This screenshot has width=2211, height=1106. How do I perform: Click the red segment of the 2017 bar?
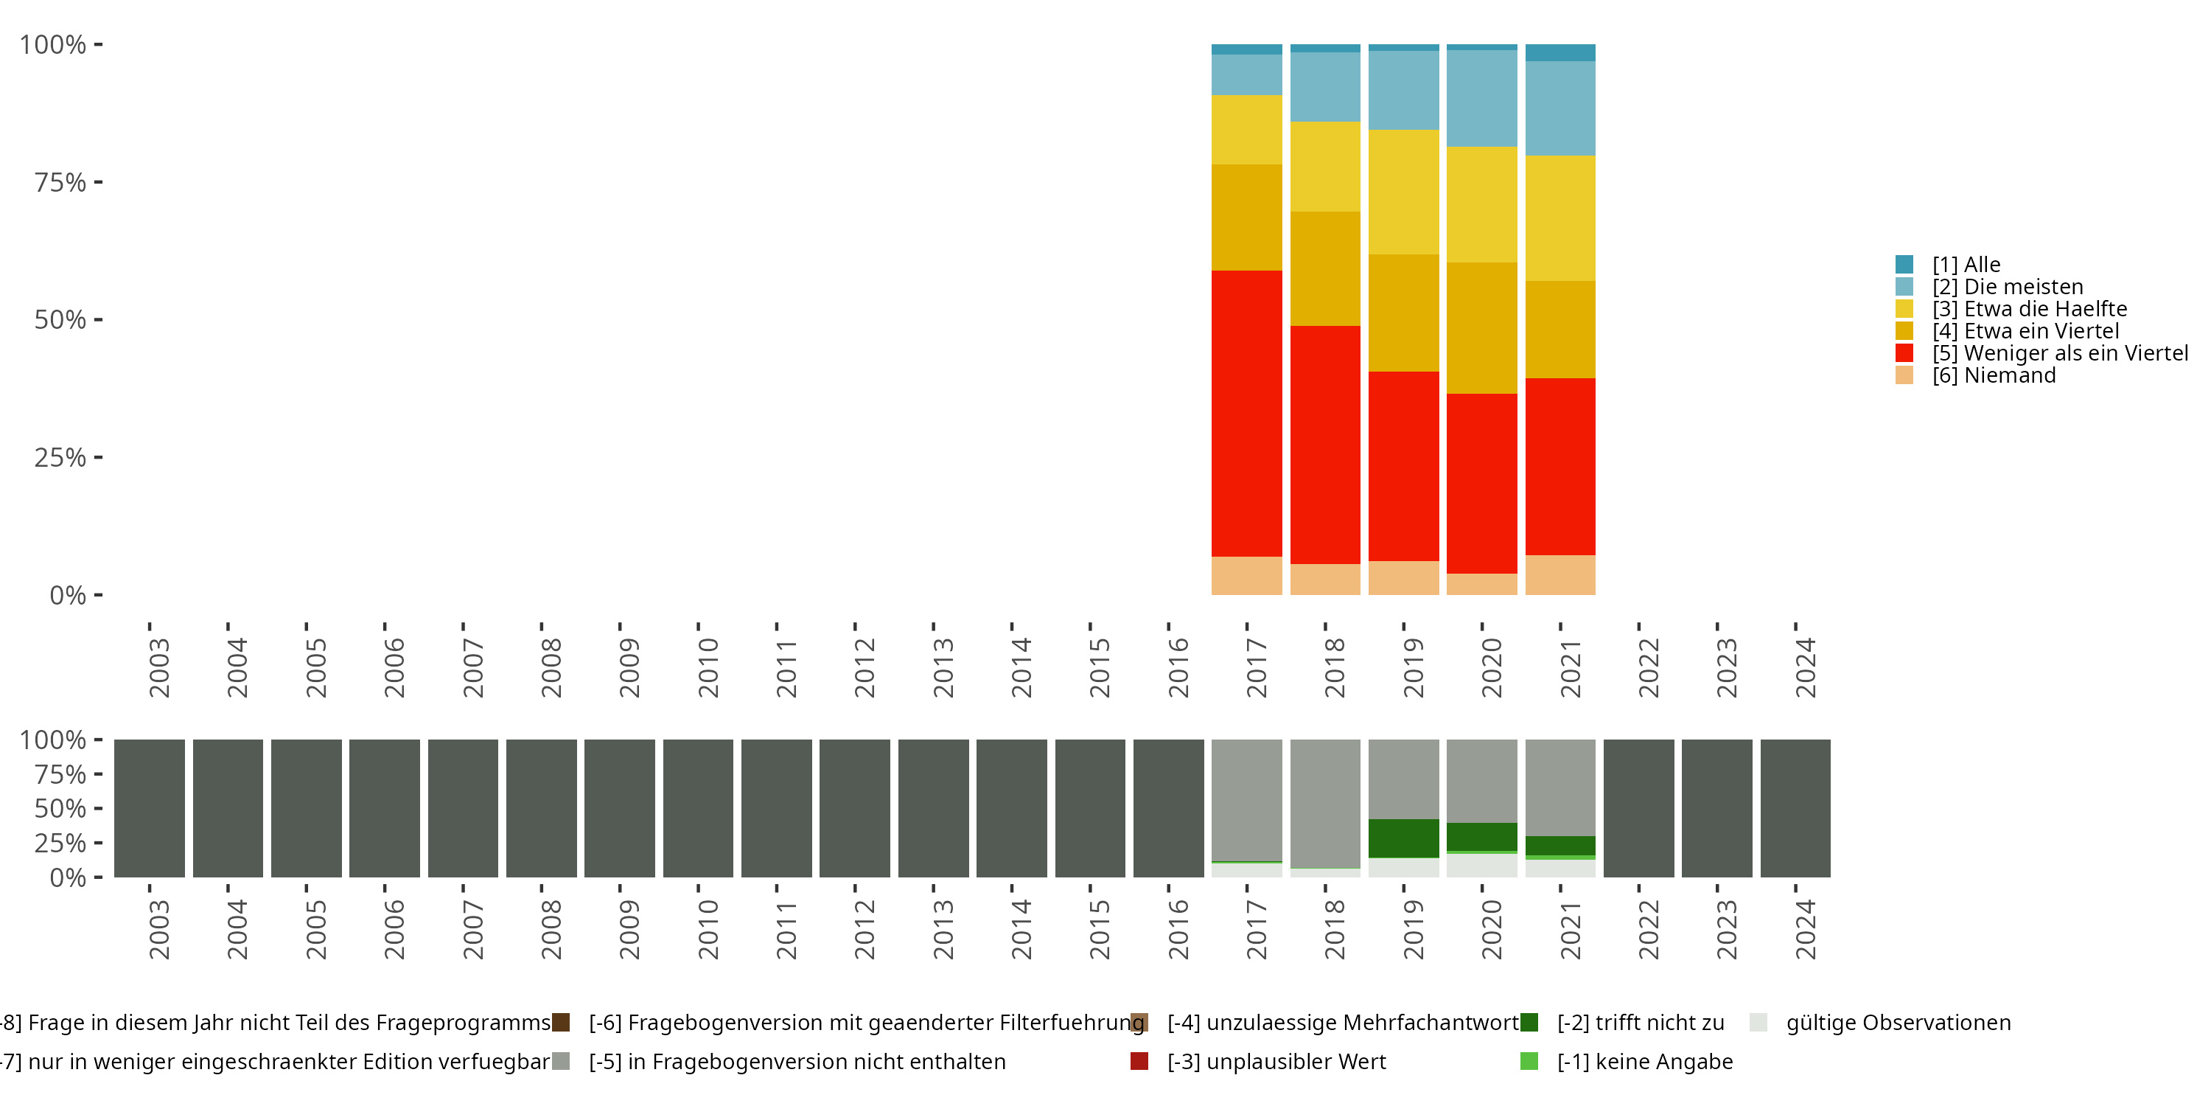coord(1246,413)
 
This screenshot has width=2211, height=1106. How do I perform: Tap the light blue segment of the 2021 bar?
coord(1559,108)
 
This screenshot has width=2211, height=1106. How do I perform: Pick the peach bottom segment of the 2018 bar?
coord(1324,579)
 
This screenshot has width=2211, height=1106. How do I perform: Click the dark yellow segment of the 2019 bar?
coord(1403,313)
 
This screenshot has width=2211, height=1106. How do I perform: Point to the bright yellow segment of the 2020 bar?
coord(1481,204)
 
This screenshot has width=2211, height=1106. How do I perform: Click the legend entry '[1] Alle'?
coord(1966,265)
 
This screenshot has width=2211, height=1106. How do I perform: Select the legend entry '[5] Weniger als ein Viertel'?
coord(2059,353)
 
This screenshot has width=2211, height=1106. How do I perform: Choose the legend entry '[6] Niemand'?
coord(1993,375)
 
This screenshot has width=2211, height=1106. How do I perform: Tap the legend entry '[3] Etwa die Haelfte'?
coord(2029,309)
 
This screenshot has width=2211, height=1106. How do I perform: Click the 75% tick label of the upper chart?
coord(60,182)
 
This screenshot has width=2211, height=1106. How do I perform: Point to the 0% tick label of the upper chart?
coord(68,595)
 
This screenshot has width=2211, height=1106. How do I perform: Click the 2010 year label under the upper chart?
coord(708,667)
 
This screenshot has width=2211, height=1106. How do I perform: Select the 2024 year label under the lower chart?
coord(1805,929)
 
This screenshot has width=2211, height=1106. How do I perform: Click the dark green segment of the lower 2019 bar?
coord(1403,838)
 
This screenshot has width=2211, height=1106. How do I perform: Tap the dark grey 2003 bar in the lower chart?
coord(150,808)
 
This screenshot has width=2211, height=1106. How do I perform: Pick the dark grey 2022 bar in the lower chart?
coord(1638,808)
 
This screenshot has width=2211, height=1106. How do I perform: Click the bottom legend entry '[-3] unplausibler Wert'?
coord(1276,1061)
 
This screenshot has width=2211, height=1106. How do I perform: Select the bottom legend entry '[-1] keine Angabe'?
coord(1644,1061)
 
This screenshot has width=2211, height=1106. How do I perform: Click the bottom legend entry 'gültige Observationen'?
coord(1897,1023)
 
